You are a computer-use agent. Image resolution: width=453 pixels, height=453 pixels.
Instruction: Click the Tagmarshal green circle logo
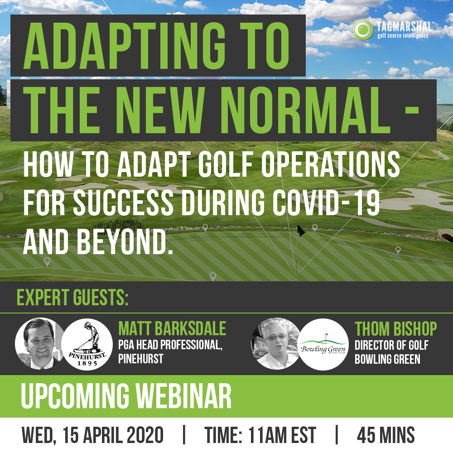click(x=363, y=30)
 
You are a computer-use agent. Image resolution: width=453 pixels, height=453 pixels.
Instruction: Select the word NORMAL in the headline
click(x=308, y=110)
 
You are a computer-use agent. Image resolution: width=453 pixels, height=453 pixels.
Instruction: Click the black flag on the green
click(x=301, y=231)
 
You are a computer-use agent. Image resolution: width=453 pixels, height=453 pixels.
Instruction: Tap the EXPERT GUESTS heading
click(x=72, y=297)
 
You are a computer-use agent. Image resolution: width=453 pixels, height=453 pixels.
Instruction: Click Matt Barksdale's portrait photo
click(x=39, y=343)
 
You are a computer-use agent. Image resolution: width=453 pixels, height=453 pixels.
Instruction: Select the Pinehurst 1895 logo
click(x=87, y=344)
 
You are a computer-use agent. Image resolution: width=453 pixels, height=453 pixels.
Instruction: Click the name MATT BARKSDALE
click(x=172, y=328)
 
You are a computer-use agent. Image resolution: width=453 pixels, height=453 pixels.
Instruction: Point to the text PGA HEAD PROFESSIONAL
click(x=170, y=344)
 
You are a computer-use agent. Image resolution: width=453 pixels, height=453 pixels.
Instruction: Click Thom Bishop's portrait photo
click(x=275, y=343)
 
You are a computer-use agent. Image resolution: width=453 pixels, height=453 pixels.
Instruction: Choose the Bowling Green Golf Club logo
click(x=323, y=344)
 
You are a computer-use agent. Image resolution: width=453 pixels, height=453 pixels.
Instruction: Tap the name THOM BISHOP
click(x=396, y=329)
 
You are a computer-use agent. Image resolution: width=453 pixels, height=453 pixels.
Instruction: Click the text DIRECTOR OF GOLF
click(x=391, y=345)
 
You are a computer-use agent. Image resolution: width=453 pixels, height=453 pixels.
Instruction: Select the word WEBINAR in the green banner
click(x=184, y=396)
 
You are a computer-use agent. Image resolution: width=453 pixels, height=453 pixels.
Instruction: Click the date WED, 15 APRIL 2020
click(x=92, y=435)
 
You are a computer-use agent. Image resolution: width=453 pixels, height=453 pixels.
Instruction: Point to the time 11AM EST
click(x=282, y=435)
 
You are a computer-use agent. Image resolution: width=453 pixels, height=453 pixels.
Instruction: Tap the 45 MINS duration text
click(x=386, y=435)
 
